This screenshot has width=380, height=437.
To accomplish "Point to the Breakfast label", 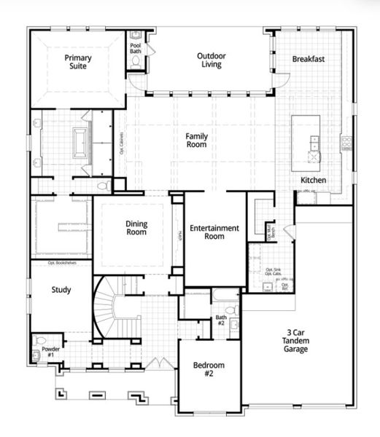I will pyautogui.click(x=308, y=59).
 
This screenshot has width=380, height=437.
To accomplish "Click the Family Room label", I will pyautogui.click(x=196, y=140).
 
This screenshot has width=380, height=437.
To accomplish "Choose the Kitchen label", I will pyautogui.click(x=314, y=180).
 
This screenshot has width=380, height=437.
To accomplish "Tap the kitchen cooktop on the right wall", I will pyautogui.click(x=346, y=142).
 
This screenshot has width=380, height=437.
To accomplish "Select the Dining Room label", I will pyautogui.click(x=136, y=228).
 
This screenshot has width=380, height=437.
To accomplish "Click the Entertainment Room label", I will pyautogui.click(x=214, y=232).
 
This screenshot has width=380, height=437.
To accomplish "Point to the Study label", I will pyautogui.click(x=61, y=290).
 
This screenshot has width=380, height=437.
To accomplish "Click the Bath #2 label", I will pyautogui.click(x=221, y=320).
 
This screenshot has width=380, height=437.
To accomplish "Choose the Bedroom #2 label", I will pyautogui.click(x=208, y=369).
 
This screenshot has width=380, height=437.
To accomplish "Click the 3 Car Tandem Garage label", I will pyautogui.click(x=296, y=341).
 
